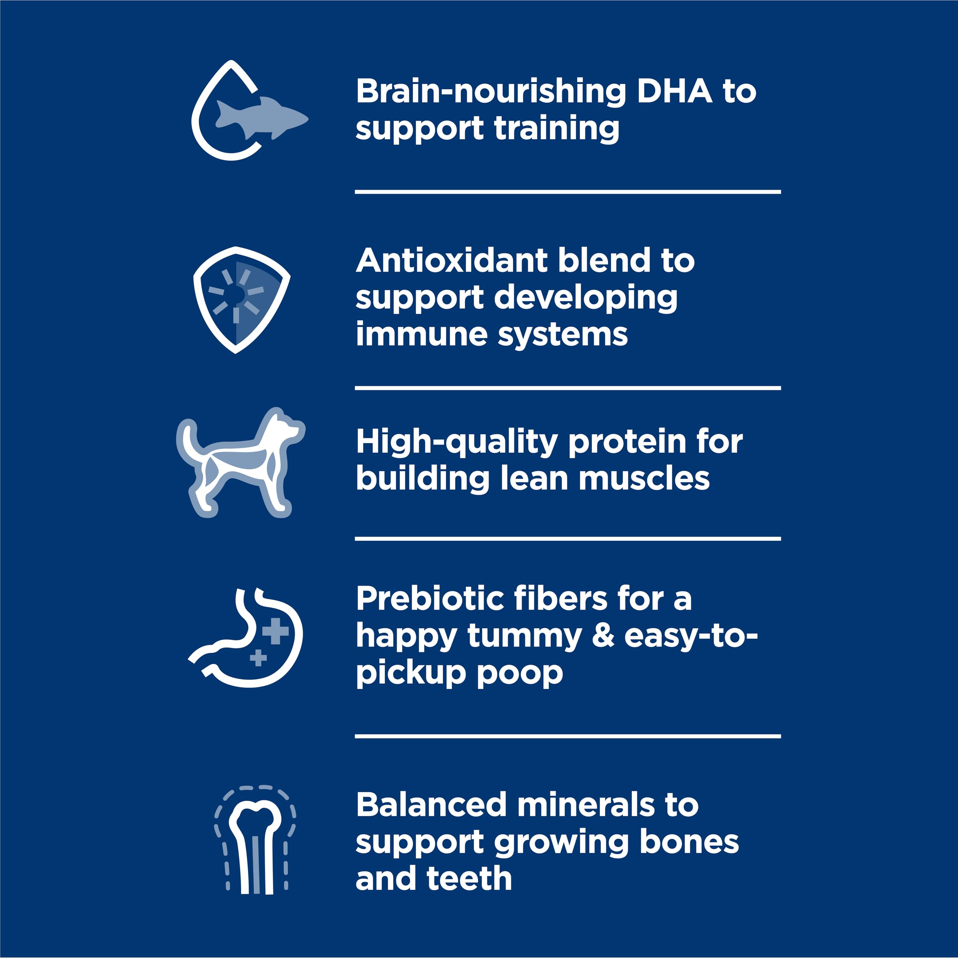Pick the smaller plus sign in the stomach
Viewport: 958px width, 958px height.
click(x=258, y=658)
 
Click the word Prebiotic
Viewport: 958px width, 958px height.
click(x=430, y=599)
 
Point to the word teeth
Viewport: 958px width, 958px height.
click(x=469, y=879)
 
